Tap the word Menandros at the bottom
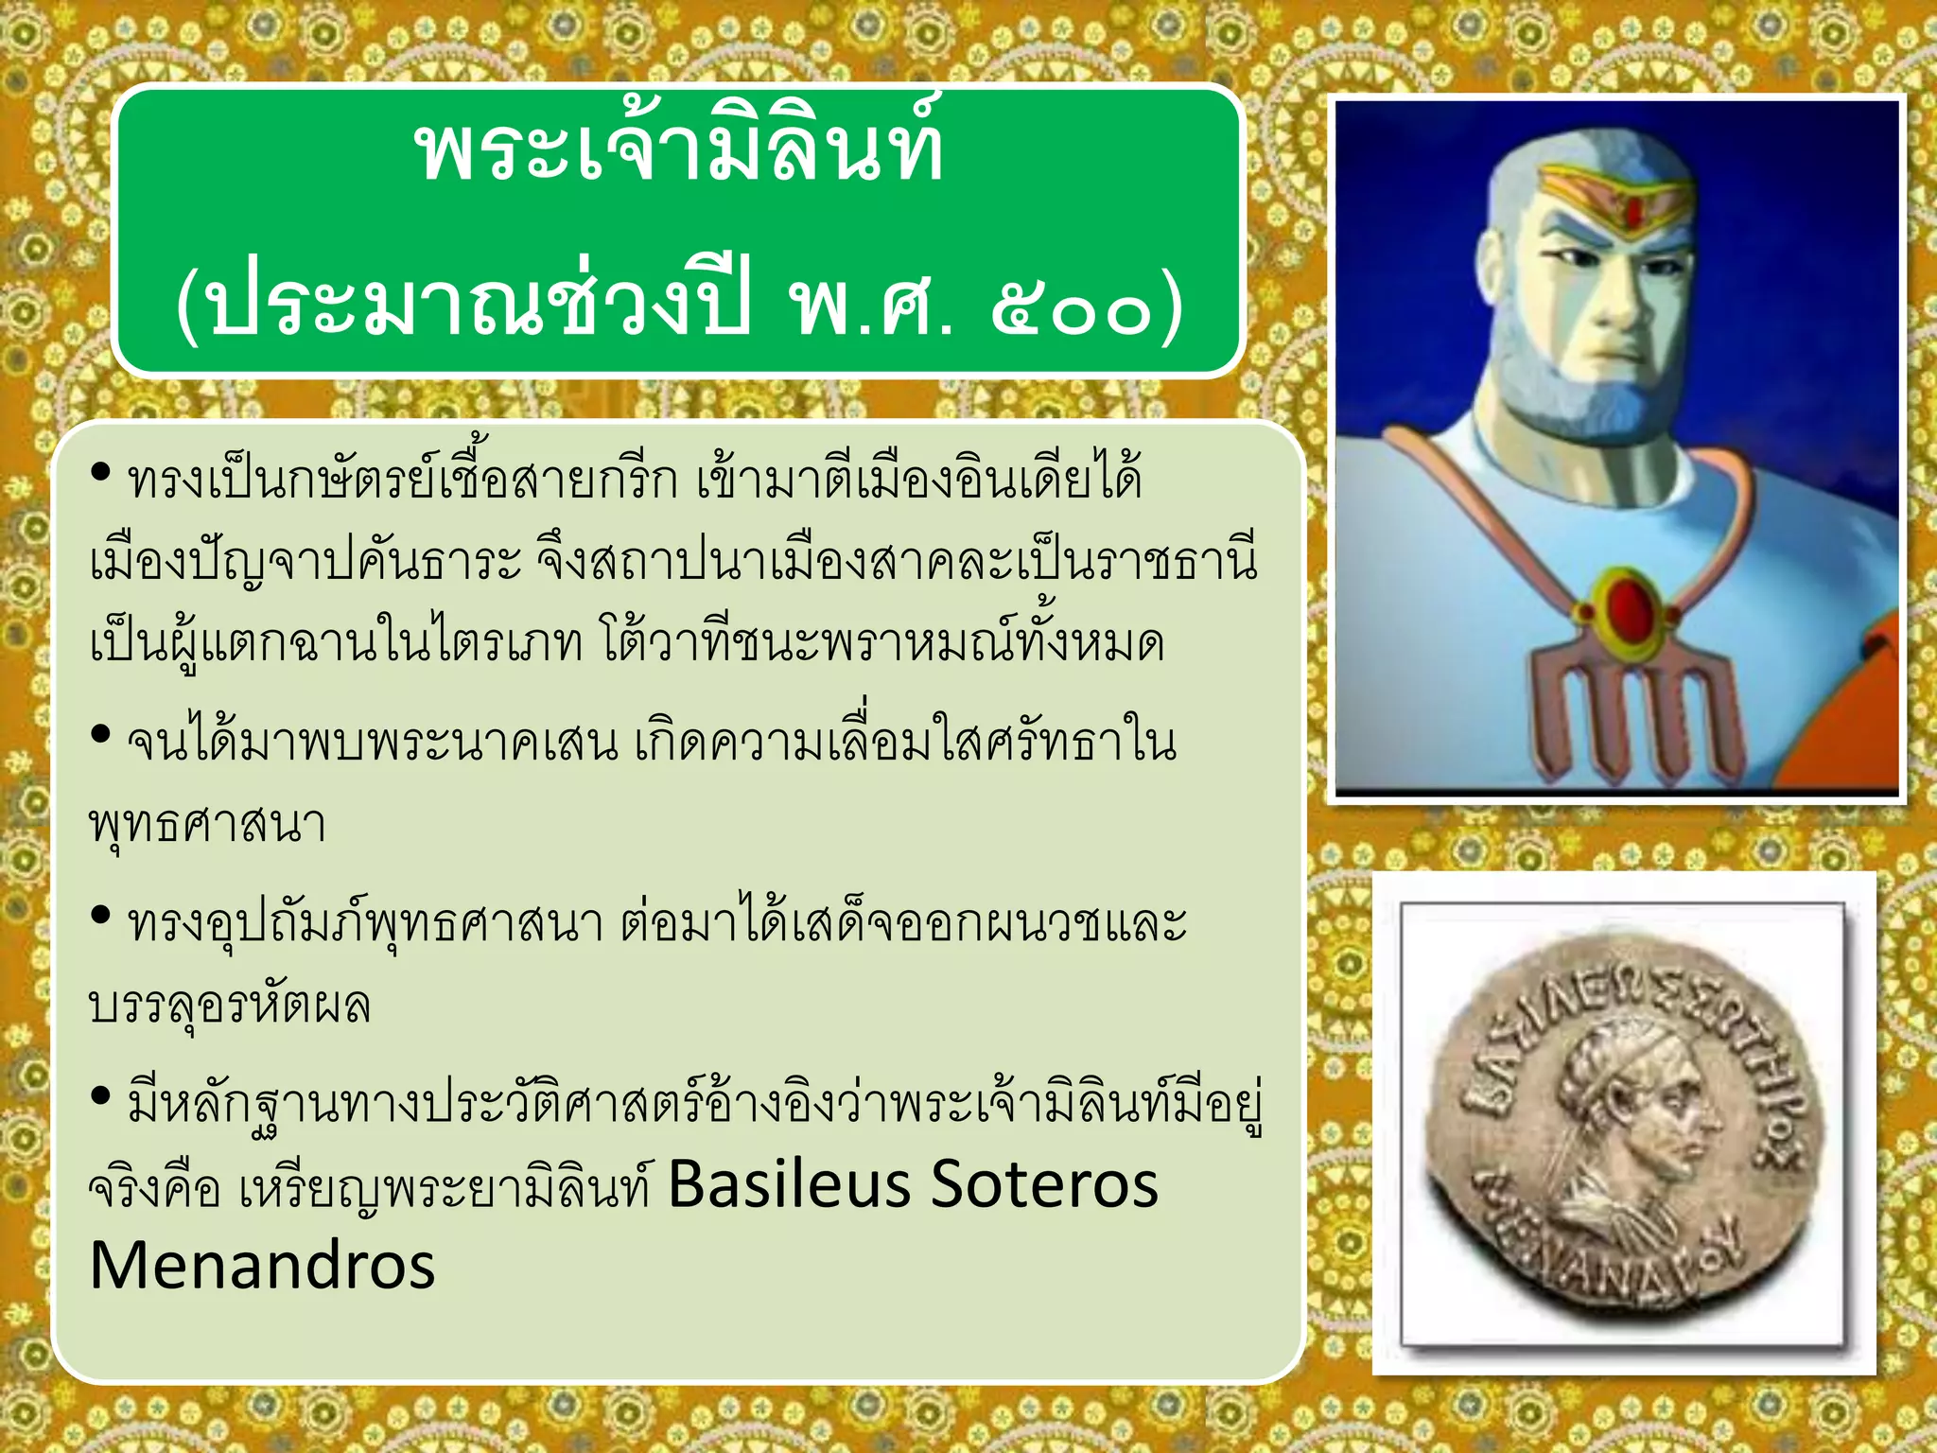tap(262, 1266)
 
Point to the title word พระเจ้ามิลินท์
tap(678, 151)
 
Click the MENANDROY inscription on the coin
tap(1608, 1263)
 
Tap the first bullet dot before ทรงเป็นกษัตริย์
tap(101, 472)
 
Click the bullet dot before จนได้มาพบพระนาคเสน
tap(101, 735)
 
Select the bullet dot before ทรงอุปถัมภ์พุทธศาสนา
tap(101, 916)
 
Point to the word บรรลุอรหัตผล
tap(229, 1005)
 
